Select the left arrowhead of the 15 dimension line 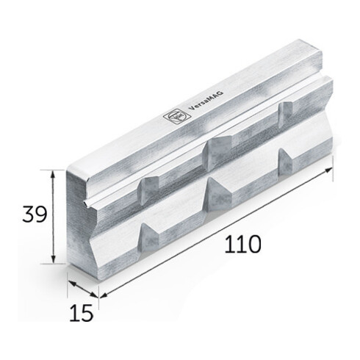[69, 280]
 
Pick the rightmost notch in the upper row [285, 108]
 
